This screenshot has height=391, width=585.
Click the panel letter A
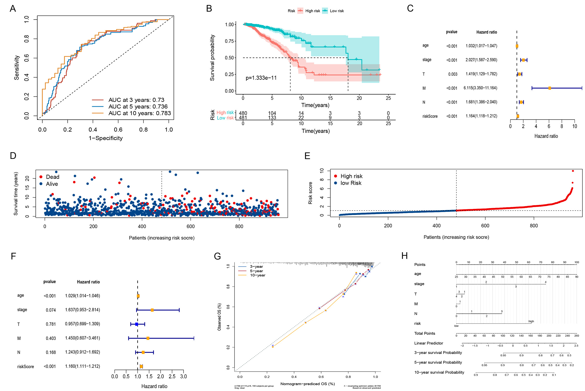click(x=13, y=9)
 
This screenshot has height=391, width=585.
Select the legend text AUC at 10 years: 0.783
click(x=139, y=113)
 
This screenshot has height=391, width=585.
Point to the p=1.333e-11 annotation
click(x=261, y=78)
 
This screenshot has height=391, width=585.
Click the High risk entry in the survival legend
click(x=312, y=11)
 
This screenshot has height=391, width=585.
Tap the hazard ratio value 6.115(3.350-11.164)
click(x=480, y=88)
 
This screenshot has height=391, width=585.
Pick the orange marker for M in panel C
click(x=550, y=88)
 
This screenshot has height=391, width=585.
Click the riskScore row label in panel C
click(x=430, y=116)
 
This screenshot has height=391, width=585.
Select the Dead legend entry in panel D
click(x=52, y=177)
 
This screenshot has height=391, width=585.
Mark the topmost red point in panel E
click(x=573, y=171)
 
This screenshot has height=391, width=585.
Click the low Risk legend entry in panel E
click(x=351, y=183)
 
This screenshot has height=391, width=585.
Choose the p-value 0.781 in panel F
click(x=51, y=324)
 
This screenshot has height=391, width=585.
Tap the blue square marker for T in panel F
click(x=137, y=324)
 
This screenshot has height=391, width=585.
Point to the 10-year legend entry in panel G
click(x=258, y=275)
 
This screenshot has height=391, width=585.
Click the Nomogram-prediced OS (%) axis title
click(x=307, y=384)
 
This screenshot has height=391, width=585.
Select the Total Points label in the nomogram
click(x=424, y=333)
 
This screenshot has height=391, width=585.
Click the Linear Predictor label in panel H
click(x=428, y=343)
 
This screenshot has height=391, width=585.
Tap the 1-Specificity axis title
click(x=106, y=138)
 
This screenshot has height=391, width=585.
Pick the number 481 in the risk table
click(x=243, y=118)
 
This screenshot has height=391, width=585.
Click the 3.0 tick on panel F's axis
click(x=184, y=376)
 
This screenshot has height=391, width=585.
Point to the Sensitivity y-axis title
click(x=17, y=67)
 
